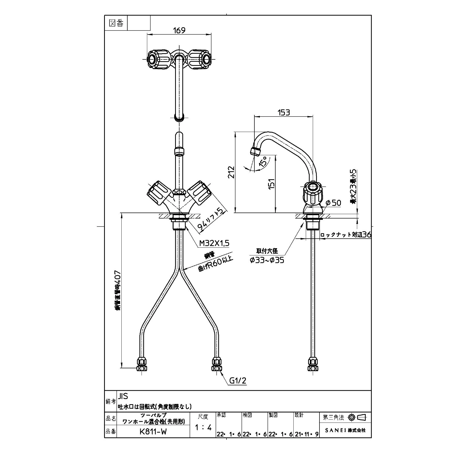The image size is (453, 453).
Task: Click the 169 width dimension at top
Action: coord(179,30)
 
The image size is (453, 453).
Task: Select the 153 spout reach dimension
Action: coord(284,113)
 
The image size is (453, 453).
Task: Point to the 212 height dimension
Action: coord(232,172)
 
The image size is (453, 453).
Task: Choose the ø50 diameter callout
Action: coord(333,203)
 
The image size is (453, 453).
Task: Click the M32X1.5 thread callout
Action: coord(214,243)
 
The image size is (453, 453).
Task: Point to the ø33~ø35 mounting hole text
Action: coord(267,260)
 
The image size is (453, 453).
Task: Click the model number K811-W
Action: coord(153,432)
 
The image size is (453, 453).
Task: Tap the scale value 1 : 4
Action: coord(203,428)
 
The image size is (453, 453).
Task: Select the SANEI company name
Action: coord(345,431)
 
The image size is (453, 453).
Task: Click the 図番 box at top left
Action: coord(116,23)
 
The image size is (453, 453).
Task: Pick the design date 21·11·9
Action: coord(306,434)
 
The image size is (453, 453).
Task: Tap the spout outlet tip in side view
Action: coord(255,151)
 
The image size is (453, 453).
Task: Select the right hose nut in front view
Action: coord(217,364)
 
